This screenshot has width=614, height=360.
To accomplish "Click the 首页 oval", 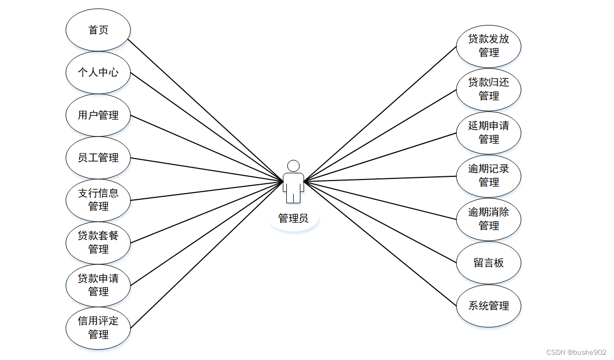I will click(x=98, y=30).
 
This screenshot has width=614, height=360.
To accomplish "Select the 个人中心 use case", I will click(x=98, y=72).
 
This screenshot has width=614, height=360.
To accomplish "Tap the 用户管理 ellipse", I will click(x=98, y=115).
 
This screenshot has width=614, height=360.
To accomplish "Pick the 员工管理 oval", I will click(x=98, y=157).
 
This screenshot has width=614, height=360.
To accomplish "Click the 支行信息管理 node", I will click(x=98, y=200).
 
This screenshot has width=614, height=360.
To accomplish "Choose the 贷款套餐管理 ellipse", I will click(x=98, y=242).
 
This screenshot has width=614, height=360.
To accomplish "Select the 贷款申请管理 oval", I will click(x=98, y=285).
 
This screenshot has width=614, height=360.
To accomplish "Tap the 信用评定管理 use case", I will click(x=98, y=328).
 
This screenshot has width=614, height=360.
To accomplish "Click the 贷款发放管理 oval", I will click(x=488, y=46).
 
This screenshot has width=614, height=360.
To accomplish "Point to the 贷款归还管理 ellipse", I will click(x=488, y=89).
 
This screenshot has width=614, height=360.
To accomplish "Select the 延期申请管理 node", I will click(x=488, y=132).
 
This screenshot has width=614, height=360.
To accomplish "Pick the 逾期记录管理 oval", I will click(x=488, y=176).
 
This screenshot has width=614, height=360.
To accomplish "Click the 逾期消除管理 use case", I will click(x=488, y=219).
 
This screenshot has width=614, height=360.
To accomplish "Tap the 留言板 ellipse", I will click(x=488, y=263).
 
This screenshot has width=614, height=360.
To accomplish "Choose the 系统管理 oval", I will click(x=488, y=306).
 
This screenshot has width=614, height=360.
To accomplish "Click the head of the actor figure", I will click(x=294, y=166).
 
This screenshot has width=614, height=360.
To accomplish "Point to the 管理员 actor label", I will click(x=293, y=219).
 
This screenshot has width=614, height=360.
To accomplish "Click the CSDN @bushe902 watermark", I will click(x=576, y=353).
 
